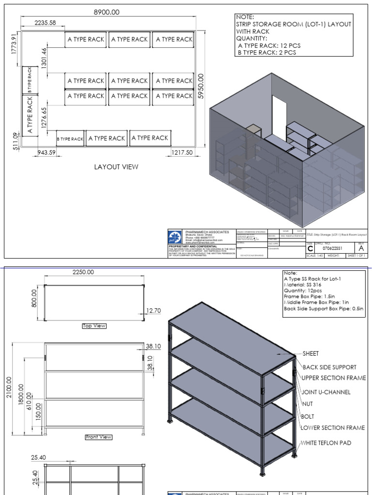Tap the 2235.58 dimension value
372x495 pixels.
[x=46, y=23]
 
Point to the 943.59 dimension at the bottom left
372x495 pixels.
[x=47, y=153]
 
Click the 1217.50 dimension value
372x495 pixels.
[x=182, y=153]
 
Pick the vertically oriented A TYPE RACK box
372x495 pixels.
[x=30, y=115]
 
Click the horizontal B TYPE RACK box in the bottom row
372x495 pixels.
[x=71, y=139]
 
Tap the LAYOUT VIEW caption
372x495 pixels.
[x=116, y=167]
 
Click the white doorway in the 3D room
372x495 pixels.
[x=279, y=113]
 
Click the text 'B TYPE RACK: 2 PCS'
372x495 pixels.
[x=267, y=53]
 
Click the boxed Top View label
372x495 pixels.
[x=94, y=326]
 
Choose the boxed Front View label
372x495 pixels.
[x=99, y=437]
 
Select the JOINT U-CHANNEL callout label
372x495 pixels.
[x=326, y=392]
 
